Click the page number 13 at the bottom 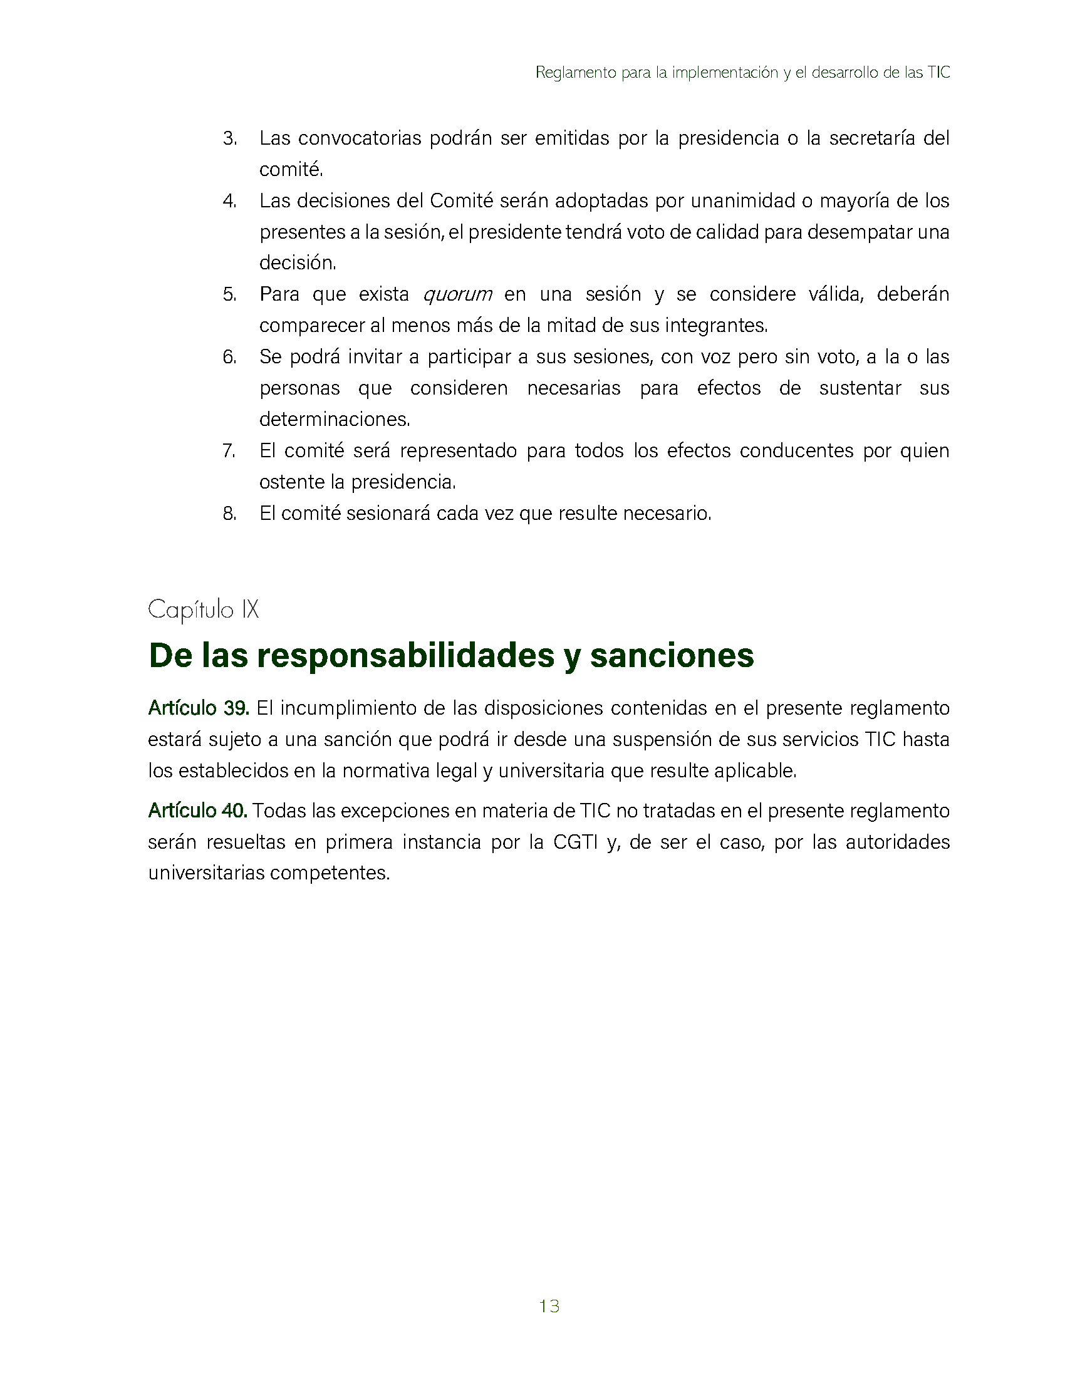coord(549,1306)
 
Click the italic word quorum coord(457,294)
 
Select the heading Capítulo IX coord(203,609)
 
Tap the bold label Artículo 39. coord(199,708)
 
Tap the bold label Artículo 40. coord(197,811)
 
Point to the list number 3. coord(230,138)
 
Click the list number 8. coord(230,514)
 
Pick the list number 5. coord(230,294)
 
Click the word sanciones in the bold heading coord(672,655)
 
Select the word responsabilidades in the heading coord(406,655)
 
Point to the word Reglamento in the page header coord(575,73)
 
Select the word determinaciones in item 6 coord(335,420)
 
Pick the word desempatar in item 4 coord(860,232)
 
